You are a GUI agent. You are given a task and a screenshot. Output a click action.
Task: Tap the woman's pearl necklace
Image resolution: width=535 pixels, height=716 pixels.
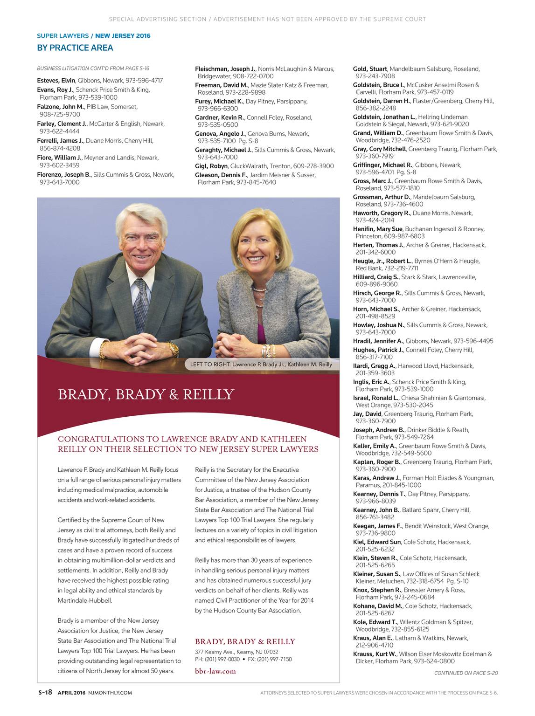pyautogui.click(x=259, y=289)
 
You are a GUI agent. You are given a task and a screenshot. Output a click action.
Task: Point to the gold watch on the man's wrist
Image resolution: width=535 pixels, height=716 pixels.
pyautogui.click(x=173, y=348)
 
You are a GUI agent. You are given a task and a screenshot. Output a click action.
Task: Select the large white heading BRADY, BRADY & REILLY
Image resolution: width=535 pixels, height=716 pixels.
pyautogui.click(x=146, y=395)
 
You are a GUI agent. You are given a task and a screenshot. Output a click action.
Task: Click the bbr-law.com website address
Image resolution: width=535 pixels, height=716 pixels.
pyautogui.click(x=215, y=671)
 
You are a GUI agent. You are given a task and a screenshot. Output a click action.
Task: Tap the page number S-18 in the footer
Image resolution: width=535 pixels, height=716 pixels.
pyautogui.click(x=45, y=692)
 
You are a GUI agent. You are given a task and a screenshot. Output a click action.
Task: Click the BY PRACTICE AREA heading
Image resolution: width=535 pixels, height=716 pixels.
pyautogui.click(x=75, y=48)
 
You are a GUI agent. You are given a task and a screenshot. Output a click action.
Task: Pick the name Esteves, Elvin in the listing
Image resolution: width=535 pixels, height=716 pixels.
pyautogui.click(x=56, y=81)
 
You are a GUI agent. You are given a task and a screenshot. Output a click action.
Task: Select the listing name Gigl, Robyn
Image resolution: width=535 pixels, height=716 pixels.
pyautogui.click(x=211, y=166)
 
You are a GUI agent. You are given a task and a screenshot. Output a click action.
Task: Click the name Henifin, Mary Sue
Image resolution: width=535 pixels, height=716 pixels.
pyautogui.click(x=377, y=229)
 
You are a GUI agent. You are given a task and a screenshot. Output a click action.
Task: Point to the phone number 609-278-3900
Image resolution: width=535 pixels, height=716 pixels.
pyautogui.click(x=313, y=166)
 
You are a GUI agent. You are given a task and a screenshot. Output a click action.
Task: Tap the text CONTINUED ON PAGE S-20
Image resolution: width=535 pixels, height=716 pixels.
pyautogui.click(x=466, y=673)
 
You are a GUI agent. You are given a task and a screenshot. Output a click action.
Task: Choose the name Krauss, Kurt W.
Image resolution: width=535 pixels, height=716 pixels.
pyautogui.click(x=374, y=654)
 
